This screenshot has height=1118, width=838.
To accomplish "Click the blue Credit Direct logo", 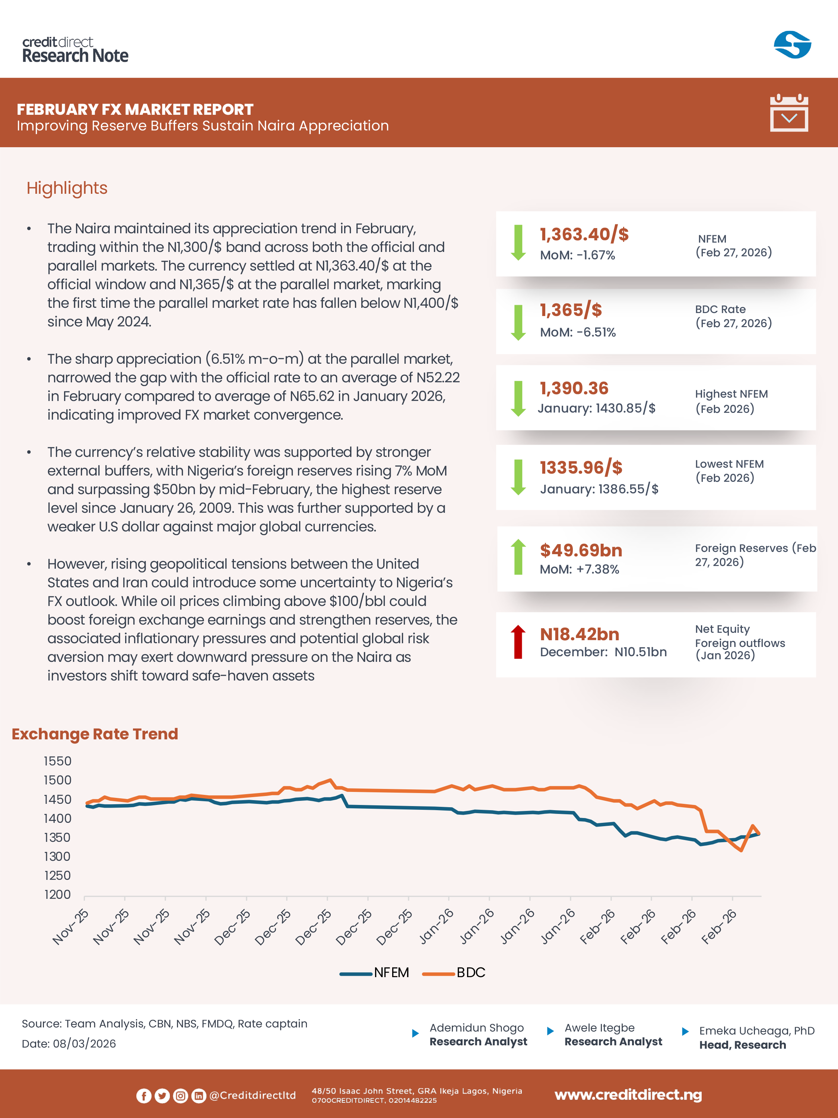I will tap(792, 45).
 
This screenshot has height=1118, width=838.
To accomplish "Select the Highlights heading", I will tap(67, 188).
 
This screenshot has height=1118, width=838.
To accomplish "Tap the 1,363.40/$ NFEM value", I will tap(584, 234).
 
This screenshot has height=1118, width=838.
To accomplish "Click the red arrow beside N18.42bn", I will tap(518, 642).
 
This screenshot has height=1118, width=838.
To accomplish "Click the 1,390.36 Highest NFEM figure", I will tap(574, 388).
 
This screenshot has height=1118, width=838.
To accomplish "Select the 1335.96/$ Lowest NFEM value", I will tap(581, 468).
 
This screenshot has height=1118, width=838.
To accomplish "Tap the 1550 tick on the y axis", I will tap(58, 761).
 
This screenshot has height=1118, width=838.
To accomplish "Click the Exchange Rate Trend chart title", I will tap(95, 734).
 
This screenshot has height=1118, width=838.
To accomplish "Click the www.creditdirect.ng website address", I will tap(628, 1095).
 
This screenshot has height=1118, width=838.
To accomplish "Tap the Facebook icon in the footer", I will tap(143, 1095).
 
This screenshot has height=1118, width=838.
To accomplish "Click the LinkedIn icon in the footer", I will tap(199, 1095).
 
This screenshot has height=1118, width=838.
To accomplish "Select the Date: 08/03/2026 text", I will tap(69, 1044).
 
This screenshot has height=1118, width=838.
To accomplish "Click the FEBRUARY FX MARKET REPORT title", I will tap(135, 109).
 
